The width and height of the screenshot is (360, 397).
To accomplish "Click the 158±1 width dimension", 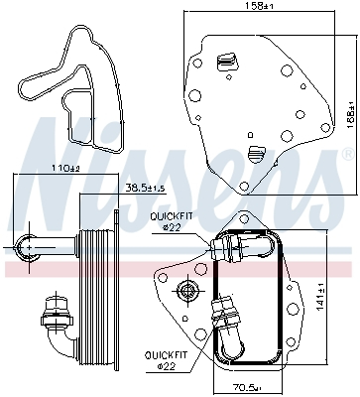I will tap(260, 7).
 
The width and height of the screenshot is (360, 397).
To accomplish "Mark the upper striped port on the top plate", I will tap(226, 62).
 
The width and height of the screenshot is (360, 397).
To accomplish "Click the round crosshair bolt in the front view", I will tap(184, 290).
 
